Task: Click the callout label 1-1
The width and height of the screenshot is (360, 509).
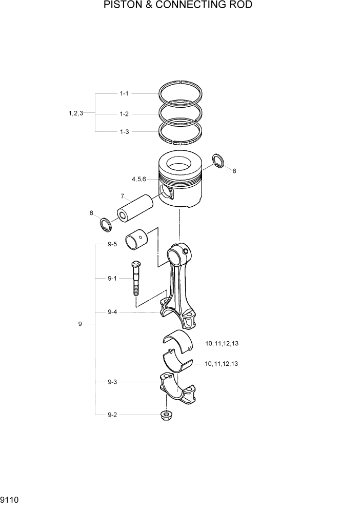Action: point(124,94)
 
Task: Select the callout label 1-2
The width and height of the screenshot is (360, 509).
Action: point(124,113)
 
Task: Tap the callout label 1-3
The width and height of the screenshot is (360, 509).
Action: point(124,132)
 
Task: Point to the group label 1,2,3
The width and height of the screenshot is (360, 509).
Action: point(75,113)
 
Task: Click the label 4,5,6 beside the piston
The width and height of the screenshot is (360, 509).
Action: point(138,179)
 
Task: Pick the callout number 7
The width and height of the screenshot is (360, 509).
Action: point(123,196)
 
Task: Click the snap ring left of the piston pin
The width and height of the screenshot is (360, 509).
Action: point(106,225)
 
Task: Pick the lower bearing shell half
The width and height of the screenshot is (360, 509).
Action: point(176,361)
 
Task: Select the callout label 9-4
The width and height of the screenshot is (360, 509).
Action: point(112,312)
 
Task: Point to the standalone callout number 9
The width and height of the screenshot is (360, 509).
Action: point(80,324)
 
